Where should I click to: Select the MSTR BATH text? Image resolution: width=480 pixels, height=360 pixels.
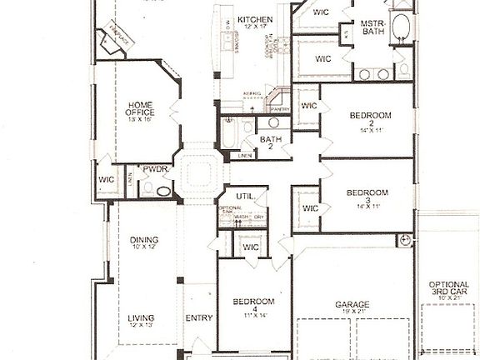[372, 29]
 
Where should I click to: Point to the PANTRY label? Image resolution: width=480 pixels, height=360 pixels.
[279, 107]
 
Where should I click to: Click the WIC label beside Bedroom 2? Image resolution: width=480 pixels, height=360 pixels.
[308, 107]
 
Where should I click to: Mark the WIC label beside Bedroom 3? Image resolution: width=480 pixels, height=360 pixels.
[309, 208]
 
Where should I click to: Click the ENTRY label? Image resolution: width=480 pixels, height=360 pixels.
[198, 317]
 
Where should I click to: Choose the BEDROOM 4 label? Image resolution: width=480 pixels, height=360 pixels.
[250, 305]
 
